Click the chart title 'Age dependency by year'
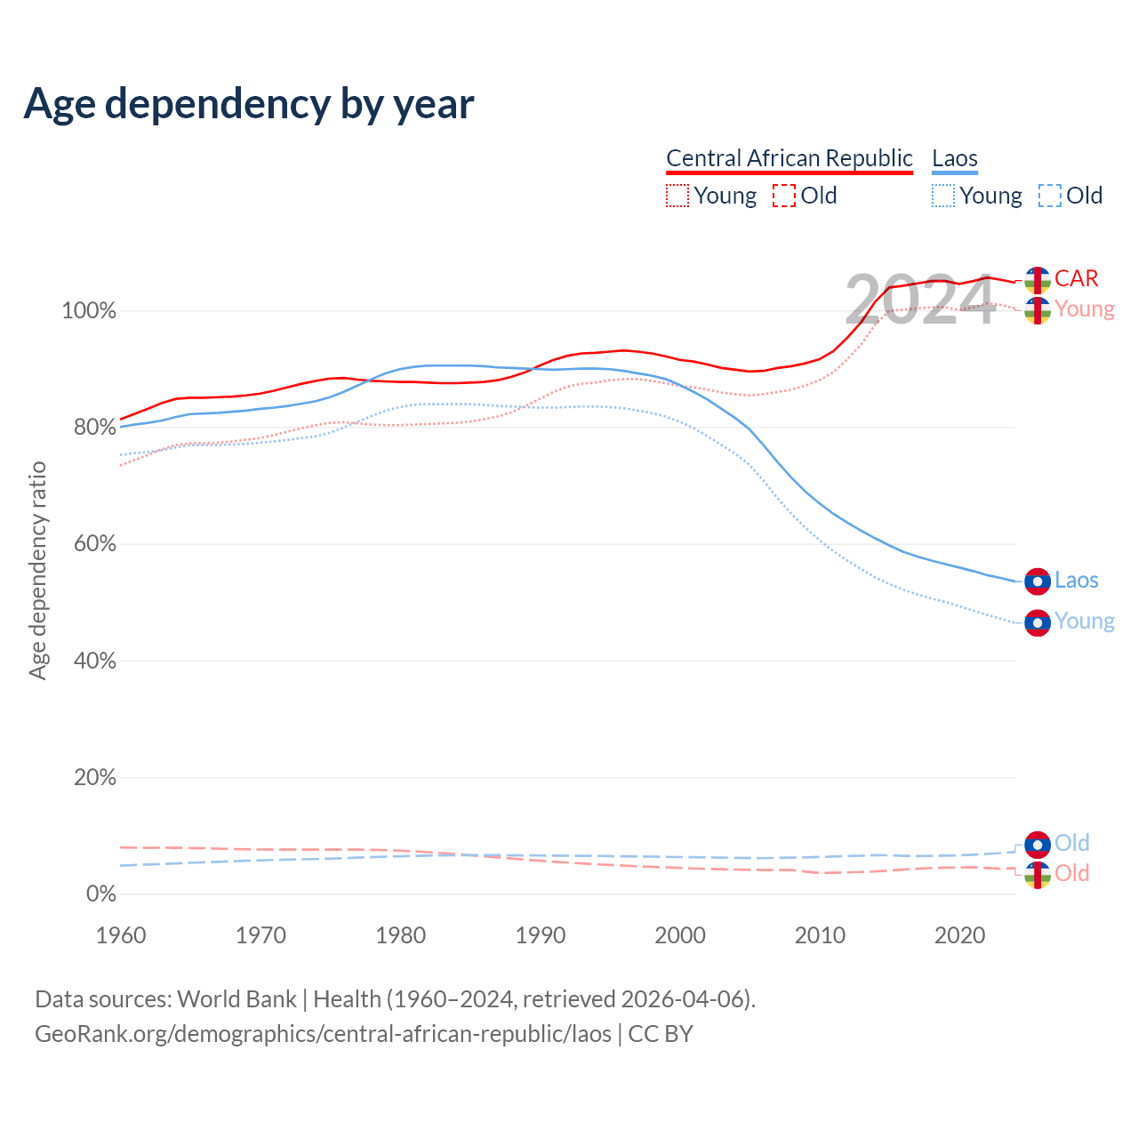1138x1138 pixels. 249,103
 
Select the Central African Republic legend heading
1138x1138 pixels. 789,158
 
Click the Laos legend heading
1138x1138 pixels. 955,158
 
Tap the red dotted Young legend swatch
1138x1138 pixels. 677,196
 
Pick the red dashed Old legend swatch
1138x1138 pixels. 784,196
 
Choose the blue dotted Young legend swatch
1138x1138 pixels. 943,196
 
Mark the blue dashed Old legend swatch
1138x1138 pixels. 1050,196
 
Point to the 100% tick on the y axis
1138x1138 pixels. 89,311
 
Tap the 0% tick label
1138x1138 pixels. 101,894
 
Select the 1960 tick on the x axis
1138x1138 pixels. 121,935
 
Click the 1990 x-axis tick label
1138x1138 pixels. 541,935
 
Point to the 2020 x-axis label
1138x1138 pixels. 960,935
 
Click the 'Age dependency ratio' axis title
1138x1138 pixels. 37,570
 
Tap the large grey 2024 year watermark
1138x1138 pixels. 919,301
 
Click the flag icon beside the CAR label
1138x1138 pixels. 1038,279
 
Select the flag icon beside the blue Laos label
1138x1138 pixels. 1038,581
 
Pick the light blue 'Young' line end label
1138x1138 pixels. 1085,621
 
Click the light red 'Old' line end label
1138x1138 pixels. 1072,874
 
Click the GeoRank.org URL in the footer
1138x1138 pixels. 323,1034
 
